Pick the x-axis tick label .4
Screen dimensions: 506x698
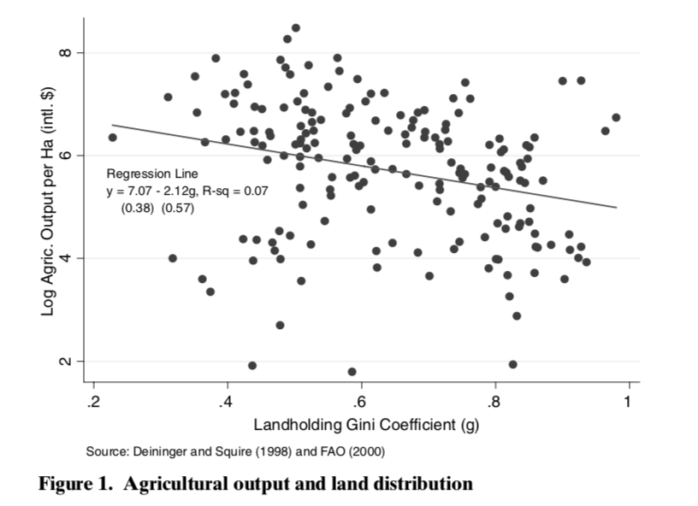click(226, 402)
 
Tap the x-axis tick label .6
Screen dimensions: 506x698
click(360, 402)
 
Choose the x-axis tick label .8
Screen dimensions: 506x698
click(494, 402)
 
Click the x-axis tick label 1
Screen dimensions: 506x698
click(629, 402)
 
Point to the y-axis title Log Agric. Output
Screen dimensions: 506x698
click(49, 202)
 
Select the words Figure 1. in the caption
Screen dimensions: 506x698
click(76, 484)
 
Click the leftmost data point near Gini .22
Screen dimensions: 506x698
click(112, 137)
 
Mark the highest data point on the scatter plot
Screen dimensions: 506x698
click(296, 27)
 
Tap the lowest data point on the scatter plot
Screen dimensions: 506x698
click(352, 372)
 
